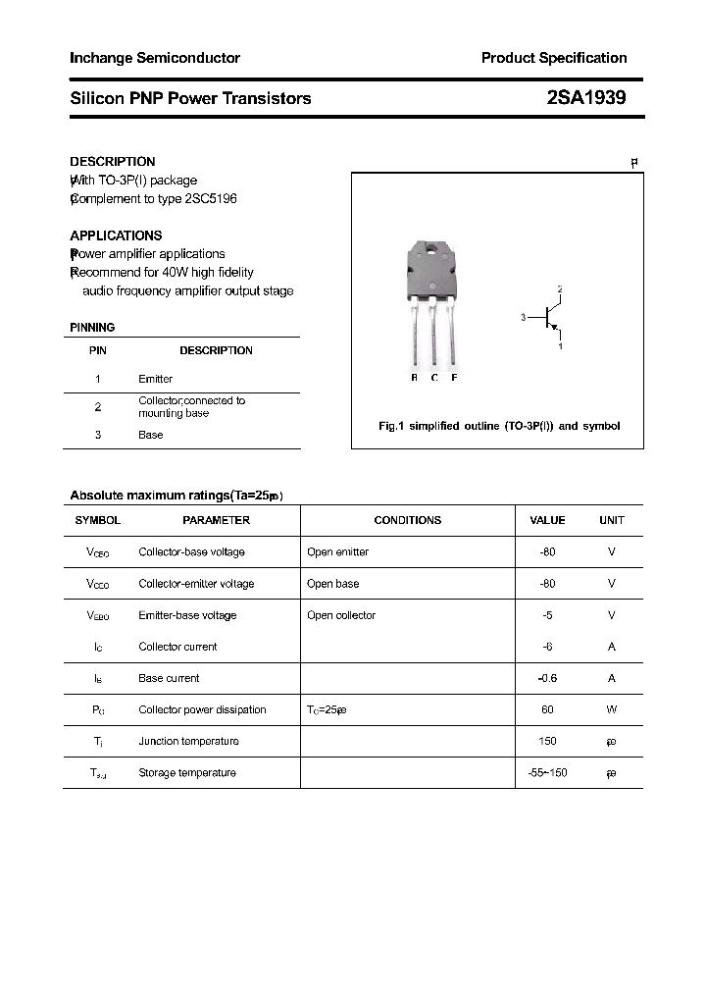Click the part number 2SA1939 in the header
point(586,98)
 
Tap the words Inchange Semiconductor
point(155,58)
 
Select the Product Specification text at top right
point(553,58)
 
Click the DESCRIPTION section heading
point(112,161)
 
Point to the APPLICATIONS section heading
point(116,235)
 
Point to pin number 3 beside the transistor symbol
point(524,317)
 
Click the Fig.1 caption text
point(499,426)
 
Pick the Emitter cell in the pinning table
point(155,379)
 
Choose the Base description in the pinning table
point(150,435)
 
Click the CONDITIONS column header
point(407,520)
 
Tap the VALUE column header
point(547,520)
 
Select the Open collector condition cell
point(340,615)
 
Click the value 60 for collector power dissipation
point(547,709)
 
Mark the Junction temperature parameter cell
point(188,741)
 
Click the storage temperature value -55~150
point(547,772)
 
